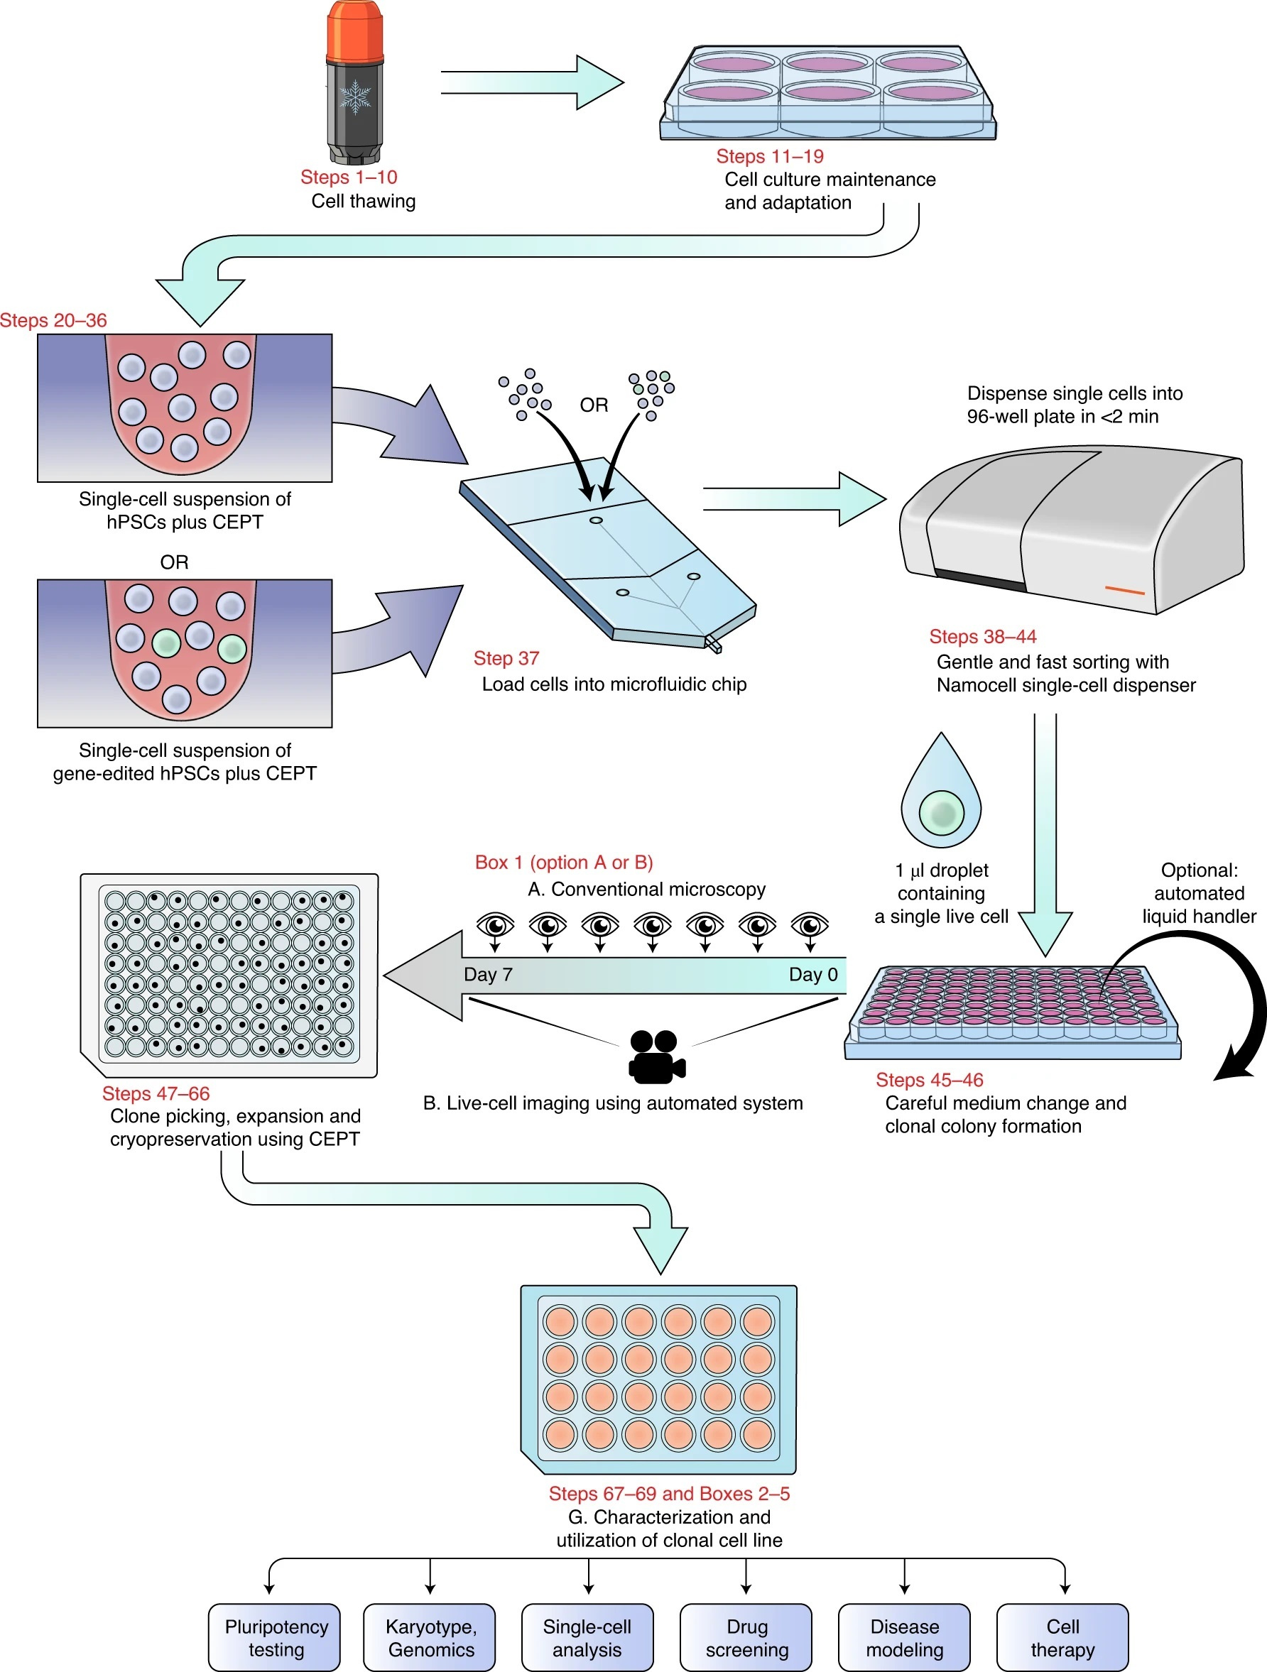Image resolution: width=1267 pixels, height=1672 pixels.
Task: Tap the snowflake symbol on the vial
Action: [x=354, y=97]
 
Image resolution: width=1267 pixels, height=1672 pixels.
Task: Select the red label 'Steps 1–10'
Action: [x=349, y=177]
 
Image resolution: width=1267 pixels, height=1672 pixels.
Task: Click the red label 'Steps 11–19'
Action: [x=770, y=156]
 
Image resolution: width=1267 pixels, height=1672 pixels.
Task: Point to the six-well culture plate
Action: [x=828, y=92]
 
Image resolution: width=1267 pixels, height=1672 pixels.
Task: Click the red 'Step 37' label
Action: [x=506, y=658]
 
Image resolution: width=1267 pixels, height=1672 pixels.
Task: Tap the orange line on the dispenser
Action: [x=1124, y=589]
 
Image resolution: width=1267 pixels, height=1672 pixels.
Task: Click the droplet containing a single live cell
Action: [x=941, y=793]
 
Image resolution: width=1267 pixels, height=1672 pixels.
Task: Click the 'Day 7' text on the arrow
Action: [x=488, y=974]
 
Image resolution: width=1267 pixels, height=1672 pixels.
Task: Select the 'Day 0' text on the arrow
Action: [x=812, y=974]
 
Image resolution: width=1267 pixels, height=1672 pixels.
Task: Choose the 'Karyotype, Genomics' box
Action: [x=430, y=1637]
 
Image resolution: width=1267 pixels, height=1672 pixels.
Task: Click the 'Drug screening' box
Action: [x=746, y=1637]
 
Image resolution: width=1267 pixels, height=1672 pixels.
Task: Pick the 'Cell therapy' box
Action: [x=1062, y=1637]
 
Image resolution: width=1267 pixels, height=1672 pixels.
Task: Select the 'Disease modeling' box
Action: [x=904, y=1637]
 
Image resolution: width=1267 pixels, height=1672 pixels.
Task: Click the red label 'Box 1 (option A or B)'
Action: [x=563, y=863]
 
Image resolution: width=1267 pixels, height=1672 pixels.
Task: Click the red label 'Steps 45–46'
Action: [x=929, y=1080]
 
